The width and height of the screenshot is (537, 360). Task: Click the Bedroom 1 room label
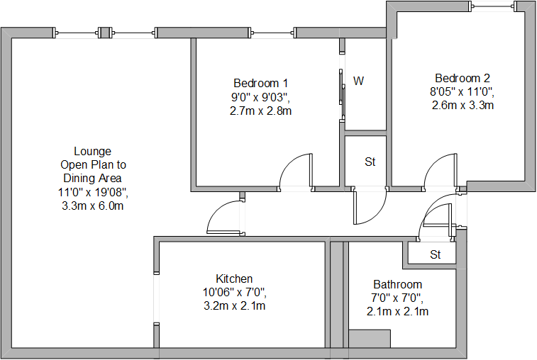coord(261,82)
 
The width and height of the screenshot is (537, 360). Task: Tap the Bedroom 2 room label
coord(463,78)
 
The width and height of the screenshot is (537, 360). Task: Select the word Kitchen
coord(234,279)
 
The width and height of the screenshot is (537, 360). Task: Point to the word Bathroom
coord(398,285)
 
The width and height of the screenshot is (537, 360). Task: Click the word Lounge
coord(92,151)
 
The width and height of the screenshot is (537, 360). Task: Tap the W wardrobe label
coord(359,81)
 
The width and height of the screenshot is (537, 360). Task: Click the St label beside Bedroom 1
coord(370,162)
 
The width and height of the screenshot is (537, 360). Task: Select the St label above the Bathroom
coord(435,254)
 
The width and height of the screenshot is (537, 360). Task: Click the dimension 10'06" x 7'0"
coord(234,291)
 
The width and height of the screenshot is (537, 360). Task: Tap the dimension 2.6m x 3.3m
coord(463,105)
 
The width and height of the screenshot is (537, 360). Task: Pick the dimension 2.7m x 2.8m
coord(261,111)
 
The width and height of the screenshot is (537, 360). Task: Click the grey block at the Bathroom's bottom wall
coord(370,338)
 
